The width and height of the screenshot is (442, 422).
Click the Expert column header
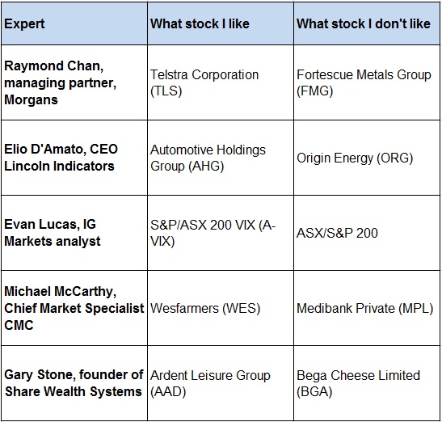click(24, 23)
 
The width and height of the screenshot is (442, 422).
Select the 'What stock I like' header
click(200, 23)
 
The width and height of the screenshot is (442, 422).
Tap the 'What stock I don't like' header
click(364, 23)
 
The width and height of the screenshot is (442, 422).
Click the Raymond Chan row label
click(61, 82)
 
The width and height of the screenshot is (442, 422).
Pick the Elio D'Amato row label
click(61, 158)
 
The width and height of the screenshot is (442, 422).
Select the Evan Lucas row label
click(53, 233)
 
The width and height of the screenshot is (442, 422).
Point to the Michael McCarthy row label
click(74, 308)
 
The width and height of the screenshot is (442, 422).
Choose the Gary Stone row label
click(74, 383)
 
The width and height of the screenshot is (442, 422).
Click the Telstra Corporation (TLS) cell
click(204, 82)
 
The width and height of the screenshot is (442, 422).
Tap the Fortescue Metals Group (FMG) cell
click(364, 82)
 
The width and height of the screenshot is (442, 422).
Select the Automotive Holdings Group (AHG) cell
click(208, 158)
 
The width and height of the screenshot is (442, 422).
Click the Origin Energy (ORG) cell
click(355, 158)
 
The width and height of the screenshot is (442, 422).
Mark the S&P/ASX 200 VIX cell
click(213, 233)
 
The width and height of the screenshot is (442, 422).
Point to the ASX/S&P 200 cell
click(337, 233)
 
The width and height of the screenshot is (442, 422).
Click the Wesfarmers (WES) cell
click(205, 308)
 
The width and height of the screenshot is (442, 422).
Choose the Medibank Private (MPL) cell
click(364, 308)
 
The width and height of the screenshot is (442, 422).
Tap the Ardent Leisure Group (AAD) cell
click(210, 383)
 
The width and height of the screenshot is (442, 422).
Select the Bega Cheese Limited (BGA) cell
click(358, 383)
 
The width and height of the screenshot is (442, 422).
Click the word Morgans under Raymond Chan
click(31, 100)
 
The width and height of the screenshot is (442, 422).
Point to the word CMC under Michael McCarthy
click(19, 325)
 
